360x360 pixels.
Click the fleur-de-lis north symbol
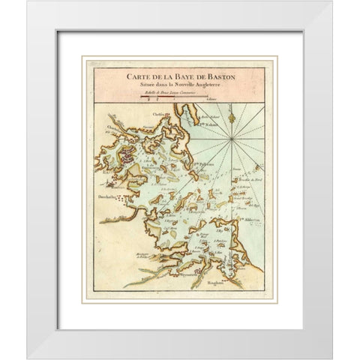232,116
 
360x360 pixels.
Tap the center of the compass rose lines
232,139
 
